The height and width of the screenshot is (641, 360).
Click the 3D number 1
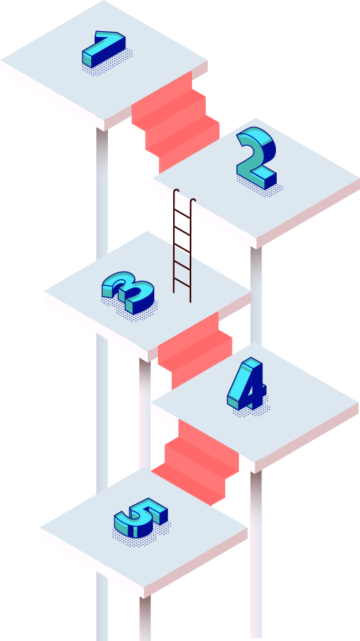click(x=103, y=49)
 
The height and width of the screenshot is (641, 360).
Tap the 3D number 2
click(x=256, y=157)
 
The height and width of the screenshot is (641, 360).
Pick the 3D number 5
click(x=140, y=518)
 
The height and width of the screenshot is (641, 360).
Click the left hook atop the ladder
click(x=176, y=191)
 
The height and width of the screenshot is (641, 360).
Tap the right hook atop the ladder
click(x=193, y=201)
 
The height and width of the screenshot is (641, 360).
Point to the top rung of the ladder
click(x=183, y=214)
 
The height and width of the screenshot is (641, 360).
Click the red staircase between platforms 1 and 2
click(x=176, y=122)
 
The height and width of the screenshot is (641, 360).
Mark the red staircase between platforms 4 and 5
click(x=196, y=462)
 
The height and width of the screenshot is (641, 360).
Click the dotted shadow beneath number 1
click(x=107, y=62)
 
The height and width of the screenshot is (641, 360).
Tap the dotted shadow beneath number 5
click(x=141, y=534)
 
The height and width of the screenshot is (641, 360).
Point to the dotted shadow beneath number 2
click(x=259, y=186)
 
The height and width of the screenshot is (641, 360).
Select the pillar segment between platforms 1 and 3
click(x=102, y=193)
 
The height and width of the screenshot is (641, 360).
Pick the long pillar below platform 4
click(x=256, y=554)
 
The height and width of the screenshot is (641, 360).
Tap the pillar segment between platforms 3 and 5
click(x=145, y=414)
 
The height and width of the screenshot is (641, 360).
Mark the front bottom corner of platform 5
click(x=144, y=599)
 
